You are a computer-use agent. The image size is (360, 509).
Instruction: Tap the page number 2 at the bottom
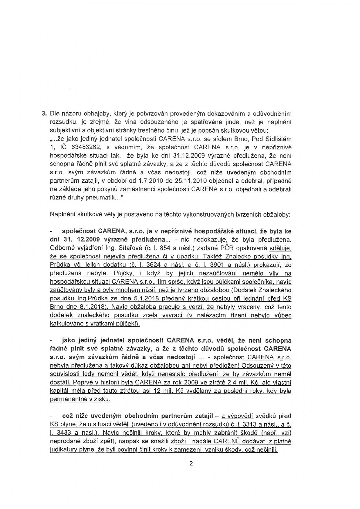[191, 463]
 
